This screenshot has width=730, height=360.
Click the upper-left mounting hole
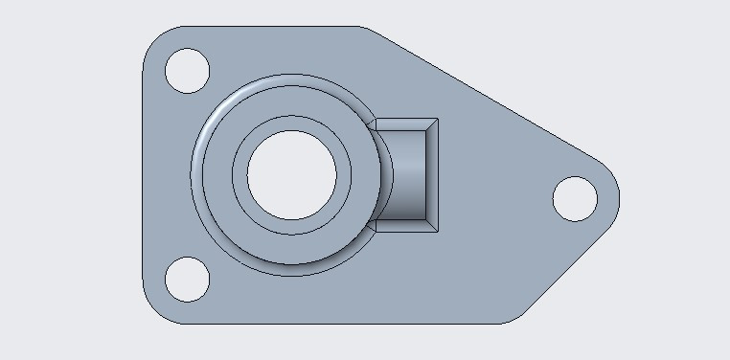pyautogui.click(x=187, y=70)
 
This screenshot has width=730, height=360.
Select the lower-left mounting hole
pyautogui.click(x=187, y=279)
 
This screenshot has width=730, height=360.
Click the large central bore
pyautogui.click(x=292, y=174)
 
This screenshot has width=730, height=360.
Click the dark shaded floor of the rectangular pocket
pyautogui.click(x=410, y=174)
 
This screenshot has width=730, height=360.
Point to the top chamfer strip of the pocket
pyautogui.click(x=406, y=124)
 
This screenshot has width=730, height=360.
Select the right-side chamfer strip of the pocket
pyautogui.click(x=432, y=174)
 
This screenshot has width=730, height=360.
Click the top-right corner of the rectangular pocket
pyautogui.click(x=438, y=120)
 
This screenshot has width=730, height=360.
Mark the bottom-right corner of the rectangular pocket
pyautogui.click(x=438, y=231)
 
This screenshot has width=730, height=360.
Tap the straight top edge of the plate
pyautogui.click(x=268, y=27)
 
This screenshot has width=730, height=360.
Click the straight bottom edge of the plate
pyautogui.click(x=335, y=324)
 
